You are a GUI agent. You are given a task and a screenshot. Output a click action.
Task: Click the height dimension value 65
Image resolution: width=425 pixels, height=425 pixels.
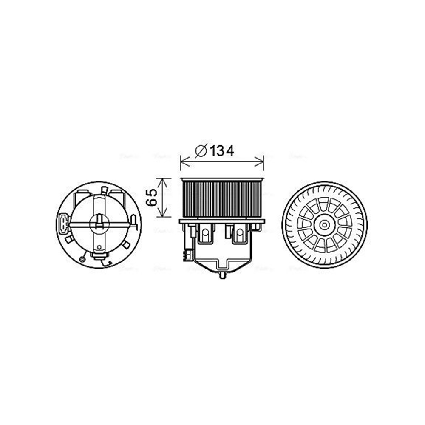pyautogui.click(x=152, y=198)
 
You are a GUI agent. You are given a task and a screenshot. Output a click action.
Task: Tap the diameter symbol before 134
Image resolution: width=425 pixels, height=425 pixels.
pyautogui.click(x=201, y=150)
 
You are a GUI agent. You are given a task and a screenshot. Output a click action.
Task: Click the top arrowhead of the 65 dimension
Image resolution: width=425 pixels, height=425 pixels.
pyautogui.click(x=163, y=181)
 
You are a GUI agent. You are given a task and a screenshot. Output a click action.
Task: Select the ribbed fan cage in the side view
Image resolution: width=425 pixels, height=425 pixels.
pyautogui.click(x=222, y=198)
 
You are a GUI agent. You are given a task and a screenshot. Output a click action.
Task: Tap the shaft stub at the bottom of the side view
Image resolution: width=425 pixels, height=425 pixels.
pyautogui.click(x=222, y=275)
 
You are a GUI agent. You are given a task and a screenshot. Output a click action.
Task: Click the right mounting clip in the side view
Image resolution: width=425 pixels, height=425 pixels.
pyautogui.click(x=240, y=233)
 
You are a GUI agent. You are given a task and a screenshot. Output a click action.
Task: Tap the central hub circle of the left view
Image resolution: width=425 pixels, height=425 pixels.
pyautogui.click(x=99, y=223)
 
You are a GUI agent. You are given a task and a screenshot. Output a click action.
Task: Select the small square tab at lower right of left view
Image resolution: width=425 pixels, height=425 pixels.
pyautogui.click(x=126, y=245)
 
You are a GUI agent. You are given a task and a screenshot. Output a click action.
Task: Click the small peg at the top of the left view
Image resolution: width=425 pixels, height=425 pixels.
pyautogui.click(x=104, y=190)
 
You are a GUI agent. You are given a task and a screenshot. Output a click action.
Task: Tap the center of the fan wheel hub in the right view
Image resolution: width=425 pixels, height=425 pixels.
pyautogui.click(x=325, y=225)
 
